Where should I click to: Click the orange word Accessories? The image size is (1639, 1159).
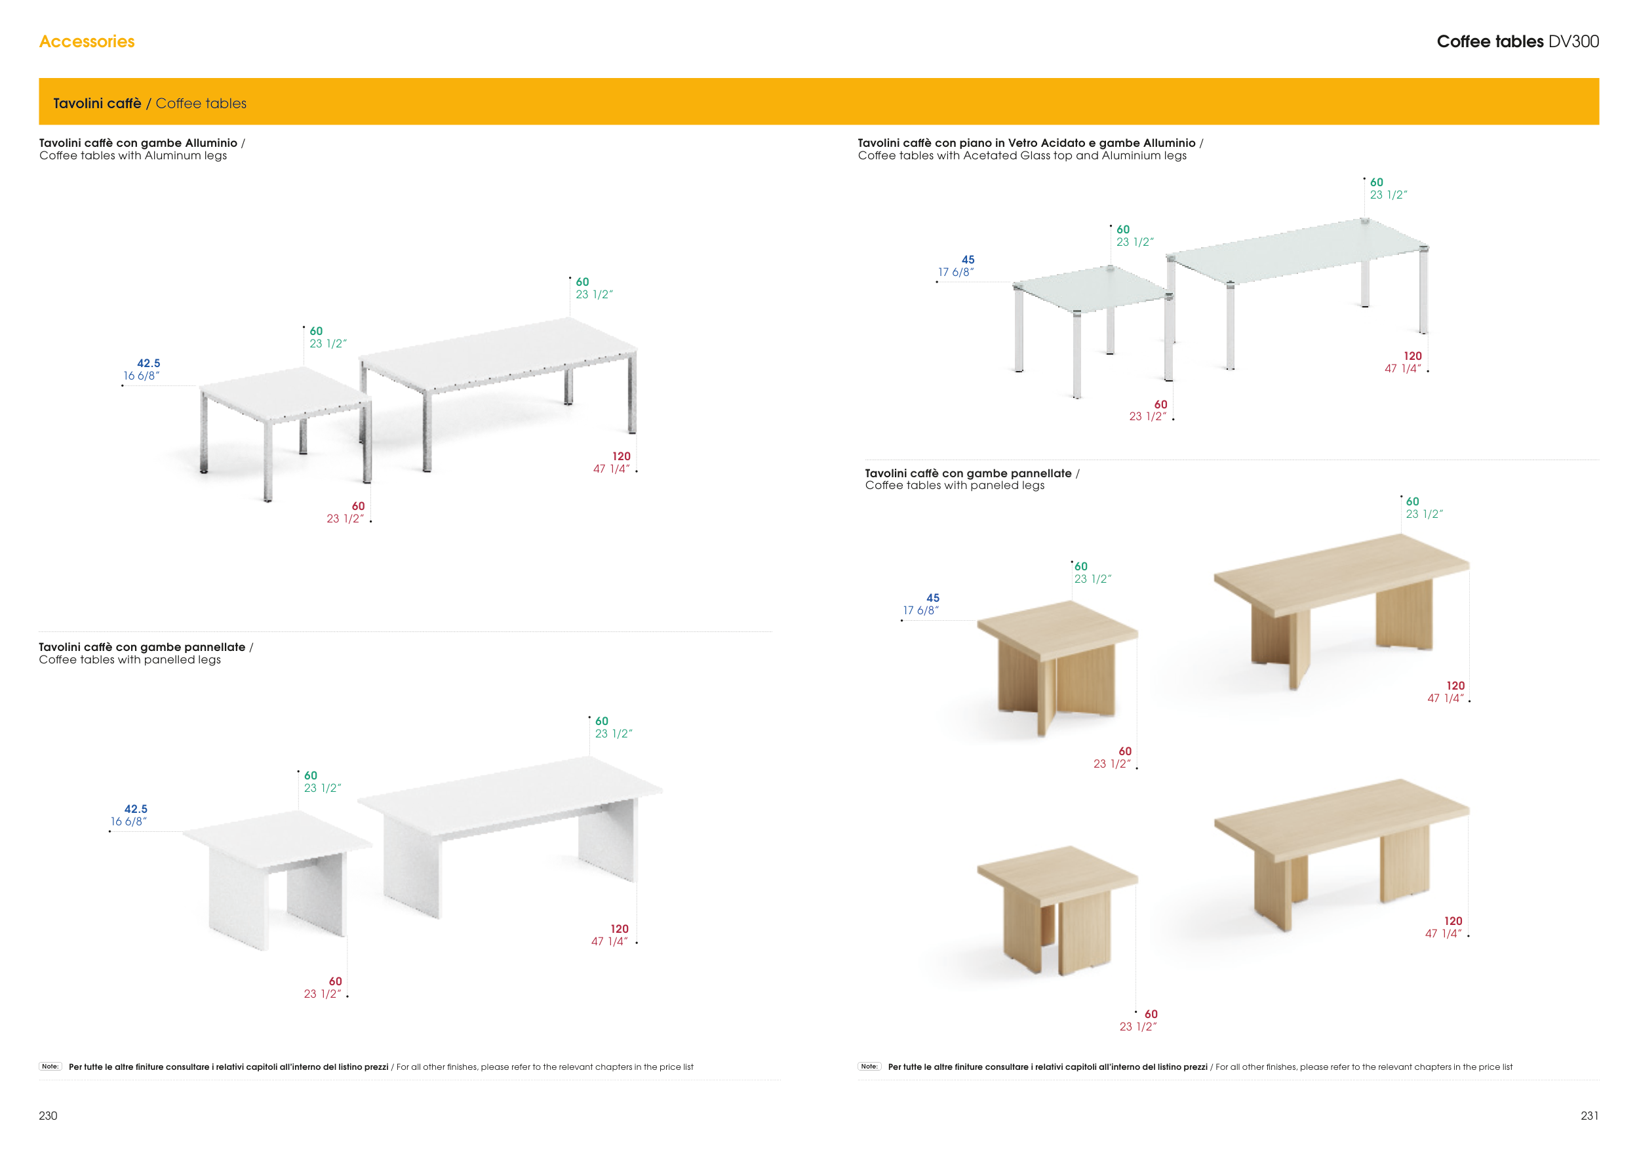(x=87, y=41)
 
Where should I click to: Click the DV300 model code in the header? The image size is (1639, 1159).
(x=1573, y=41)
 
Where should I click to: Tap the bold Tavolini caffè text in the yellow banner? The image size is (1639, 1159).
(x=97, y=104)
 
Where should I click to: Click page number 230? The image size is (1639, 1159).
(x=48, y=1116)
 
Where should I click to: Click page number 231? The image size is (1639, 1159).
(x=1590, y=1116)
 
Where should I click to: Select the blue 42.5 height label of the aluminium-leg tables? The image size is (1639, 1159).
(x=148, y=363)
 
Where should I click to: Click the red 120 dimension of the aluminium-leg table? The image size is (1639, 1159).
(x=621, y=456)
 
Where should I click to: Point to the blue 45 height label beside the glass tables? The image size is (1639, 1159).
(x=968, y=260)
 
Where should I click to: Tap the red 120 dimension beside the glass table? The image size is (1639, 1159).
(x=1413, y=356)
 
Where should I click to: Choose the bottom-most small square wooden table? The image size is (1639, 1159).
(x=1057, y=907)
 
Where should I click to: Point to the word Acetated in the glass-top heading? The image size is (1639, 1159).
(x=993, y=155)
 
